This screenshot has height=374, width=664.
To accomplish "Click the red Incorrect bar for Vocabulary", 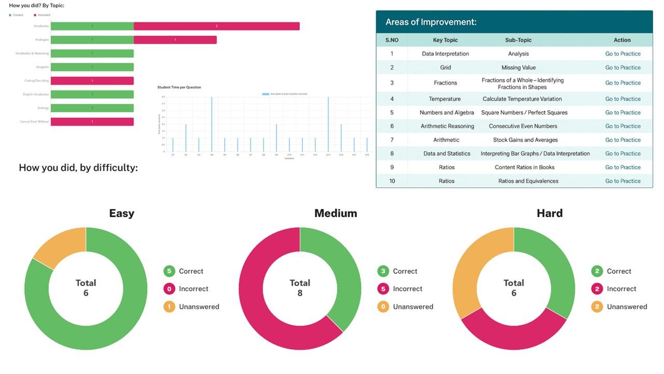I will click(x=216, y=26).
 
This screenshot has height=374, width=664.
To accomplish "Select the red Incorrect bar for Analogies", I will click(x=175, y=39).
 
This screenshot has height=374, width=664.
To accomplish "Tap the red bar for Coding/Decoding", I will click(x=92, y=81).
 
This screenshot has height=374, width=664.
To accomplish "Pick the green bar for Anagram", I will click(x=92, y=67).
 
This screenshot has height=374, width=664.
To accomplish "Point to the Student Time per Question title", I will click(x=179, y=87).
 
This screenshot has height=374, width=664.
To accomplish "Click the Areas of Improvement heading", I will click(x=431, y=22).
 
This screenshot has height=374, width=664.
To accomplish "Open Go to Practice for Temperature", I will click(x=622, y=99).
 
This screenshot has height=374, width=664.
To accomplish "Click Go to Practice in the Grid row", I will click(x=622, y=68).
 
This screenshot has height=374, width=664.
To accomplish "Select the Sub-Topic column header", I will click(x=518, y=40).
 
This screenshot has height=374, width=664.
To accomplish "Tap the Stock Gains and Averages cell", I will click(x=525, y=140).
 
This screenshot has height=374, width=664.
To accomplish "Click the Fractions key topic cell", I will click(x=446, y=83).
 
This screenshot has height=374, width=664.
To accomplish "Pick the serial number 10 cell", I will click(x=392, y=181).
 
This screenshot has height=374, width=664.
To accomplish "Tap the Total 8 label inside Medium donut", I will click(x=300, y=288).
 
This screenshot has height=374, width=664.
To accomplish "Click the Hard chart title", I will click(x=549, y=213).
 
